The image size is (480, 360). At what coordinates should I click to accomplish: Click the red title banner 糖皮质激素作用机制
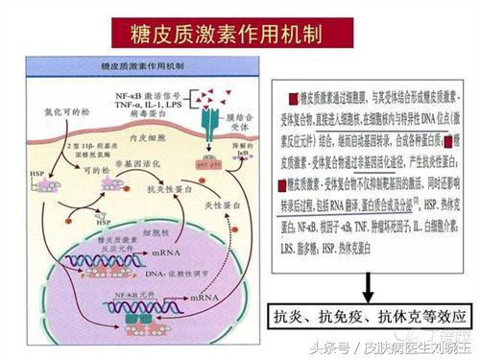[241, 35]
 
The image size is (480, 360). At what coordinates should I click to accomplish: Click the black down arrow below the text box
[367, 286]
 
